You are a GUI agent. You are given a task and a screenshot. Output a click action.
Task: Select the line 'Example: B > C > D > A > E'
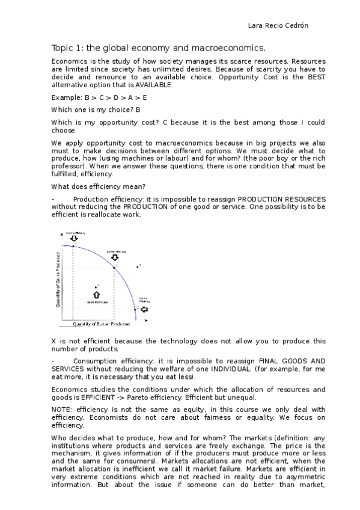(99, 97)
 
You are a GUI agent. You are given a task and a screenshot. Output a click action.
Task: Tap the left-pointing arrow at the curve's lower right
(144, 309)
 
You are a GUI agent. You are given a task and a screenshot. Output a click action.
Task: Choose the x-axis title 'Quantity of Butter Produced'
(102, 324)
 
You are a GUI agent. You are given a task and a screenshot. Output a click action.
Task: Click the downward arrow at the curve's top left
(74, 239)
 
